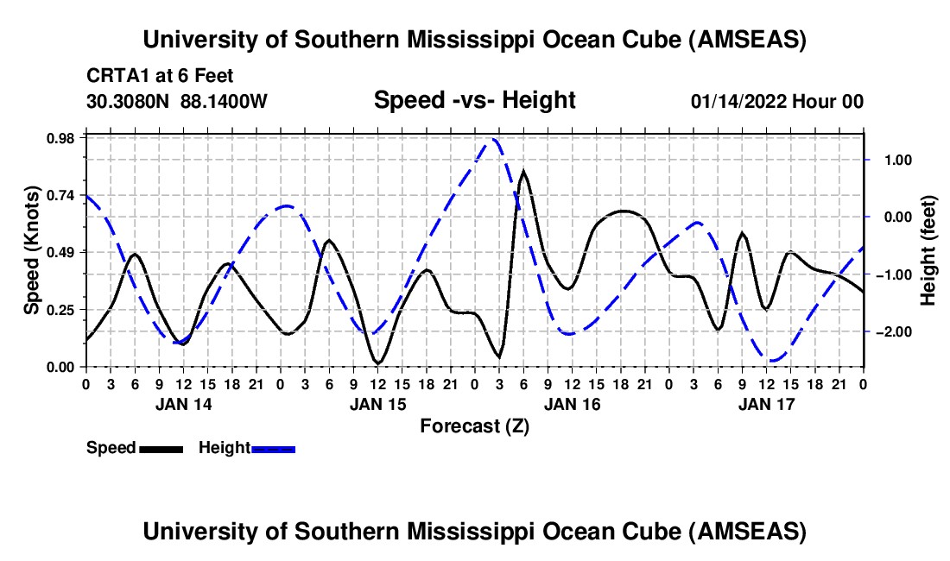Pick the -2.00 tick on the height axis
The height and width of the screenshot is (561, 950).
[x=890, y=332]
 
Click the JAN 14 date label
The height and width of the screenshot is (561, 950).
[x=182, y=403]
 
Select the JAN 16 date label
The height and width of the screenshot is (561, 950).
[x=572, y=403]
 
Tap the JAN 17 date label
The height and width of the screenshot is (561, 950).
[x=766, y=403]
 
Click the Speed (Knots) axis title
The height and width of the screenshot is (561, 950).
[x=32, y=250]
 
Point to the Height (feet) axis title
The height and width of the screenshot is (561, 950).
[x=928, y=250]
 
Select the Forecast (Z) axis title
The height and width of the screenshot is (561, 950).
[x=474, y=425]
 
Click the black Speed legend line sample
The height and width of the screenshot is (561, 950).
[x=161, y=448]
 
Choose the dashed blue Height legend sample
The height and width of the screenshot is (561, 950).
[x=273, y=448]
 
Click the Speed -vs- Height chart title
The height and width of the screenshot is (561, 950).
[x=474, y=100]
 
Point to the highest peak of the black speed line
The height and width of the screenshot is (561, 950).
[x=523, y=171]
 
